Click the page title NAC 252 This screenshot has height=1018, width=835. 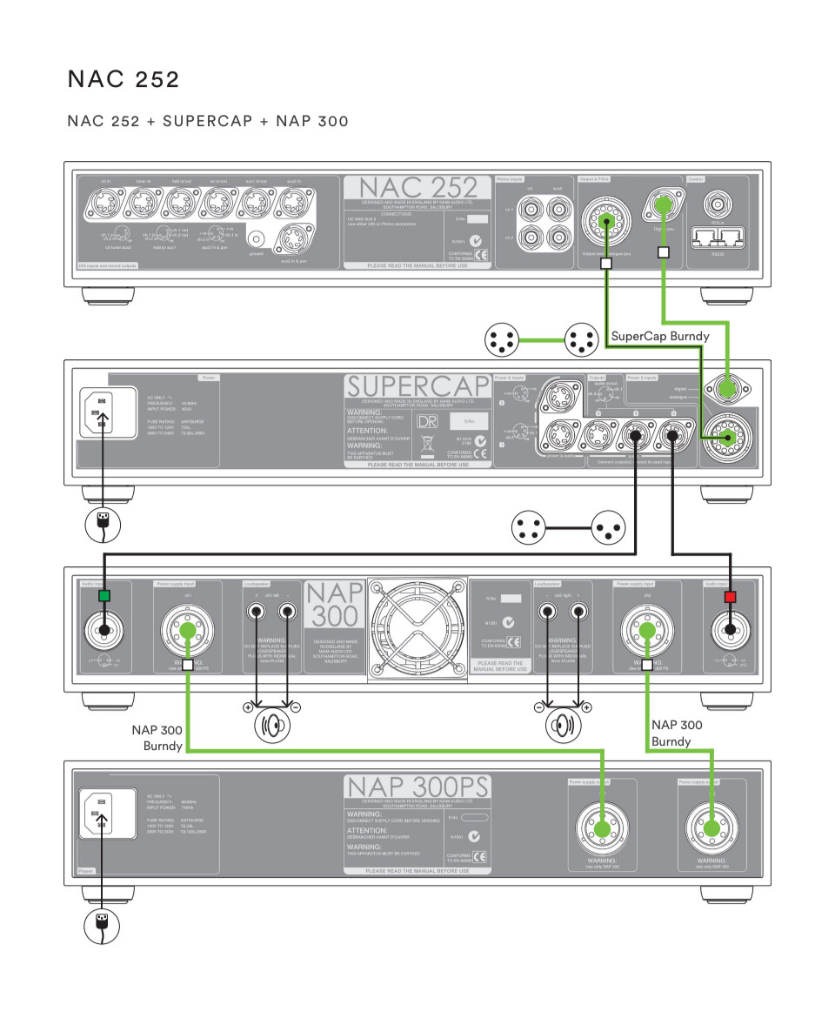tap(124, 80)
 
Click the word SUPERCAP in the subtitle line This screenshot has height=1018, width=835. tap(208, 121)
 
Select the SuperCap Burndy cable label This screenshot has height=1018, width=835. tap(660, 336)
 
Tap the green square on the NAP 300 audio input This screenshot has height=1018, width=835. tap(104, 596)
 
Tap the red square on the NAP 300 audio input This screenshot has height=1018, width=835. tap(730, 596)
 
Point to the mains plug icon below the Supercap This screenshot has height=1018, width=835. tap(102, 524)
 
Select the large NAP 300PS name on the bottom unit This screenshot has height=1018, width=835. tap(417, 787)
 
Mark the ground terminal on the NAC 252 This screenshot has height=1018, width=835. tap(256, 238)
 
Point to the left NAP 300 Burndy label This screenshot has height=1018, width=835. tap(157, 739)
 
